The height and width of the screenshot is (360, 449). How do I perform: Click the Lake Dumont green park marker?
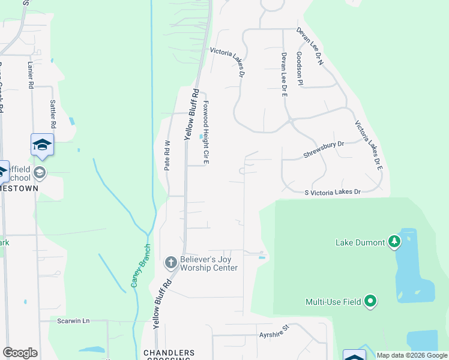(x=394, y=242)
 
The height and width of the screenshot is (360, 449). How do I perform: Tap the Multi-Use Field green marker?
(x=371, y=301)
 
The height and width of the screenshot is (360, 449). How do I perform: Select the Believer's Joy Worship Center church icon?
(x=170, y=262)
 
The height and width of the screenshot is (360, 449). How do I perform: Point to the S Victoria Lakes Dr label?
(x=333, y=193)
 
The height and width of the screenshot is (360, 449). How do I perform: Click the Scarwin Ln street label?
(x=73, y=321)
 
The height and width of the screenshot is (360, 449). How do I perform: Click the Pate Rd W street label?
(x=168, y=155)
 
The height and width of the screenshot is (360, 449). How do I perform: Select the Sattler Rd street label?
(x=53, y=115)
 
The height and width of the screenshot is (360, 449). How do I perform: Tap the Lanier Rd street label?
(x=29, y=72)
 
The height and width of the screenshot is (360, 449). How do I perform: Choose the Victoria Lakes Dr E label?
(x=368, y=146)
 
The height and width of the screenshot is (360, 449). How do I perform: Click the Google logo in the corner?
(x=20, y=353)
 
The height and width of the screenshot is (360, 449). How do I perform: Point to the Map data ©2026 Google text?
(x=411, y=355)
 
